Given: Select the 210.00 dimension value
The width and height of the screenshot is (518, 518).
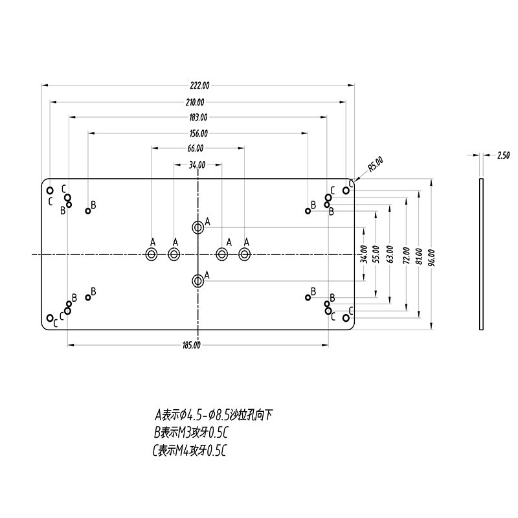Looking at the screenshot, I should click(x=195, y=102).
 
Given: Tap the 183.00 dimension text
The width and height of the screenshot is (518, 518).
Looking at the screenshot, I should click(x=198, y=117).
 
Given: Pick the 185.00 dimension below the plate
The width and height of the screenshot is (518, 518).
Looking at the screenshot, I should click(x=192, y=344).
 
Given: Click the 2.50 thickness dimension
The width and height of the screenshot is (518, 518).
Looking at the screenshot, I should click(x=503, y=155).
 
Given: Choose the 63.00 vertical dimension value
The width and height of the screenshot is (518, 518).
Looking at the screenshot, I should click(x=389, y=253).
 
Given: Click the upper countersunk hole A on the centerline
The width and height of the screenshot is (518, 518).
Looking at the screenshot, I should click(x=197, y=227).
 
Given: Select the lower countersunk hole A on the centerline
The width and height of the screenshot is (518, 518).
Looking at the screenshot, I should click(x=197, y=280).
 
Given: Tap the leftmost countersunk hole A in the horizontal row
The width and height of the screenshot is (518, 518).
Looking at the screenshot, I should click(x=152, y=254).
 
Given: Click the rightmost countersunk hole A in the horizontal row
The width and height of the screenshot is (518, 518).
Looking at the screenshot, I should click(x=244, y=254).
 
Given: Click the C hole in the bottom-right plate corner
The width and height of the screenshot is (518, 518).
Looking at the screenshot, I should click(x=346, y=317).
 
